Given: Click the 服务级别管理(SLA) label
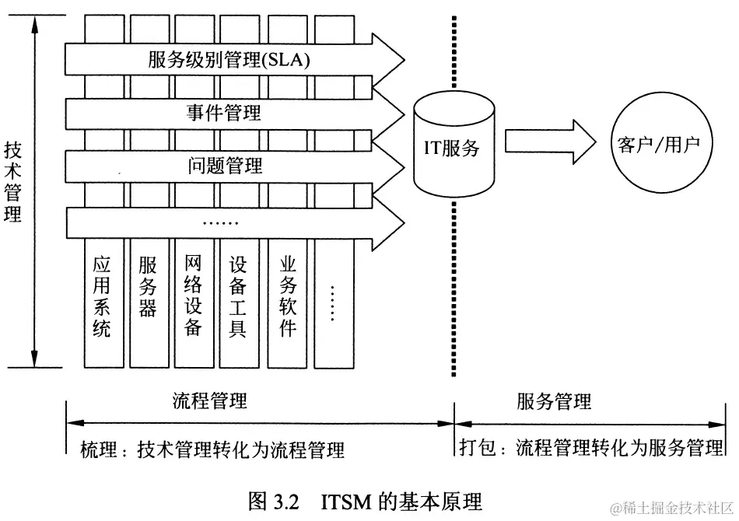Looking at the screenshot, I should pyautogui.click(x=229, y=61).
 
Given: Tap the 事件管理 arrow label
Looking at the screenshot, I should pyautogui.click(x=224, y=114).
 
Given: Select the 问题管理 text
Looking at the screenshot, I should pyautogui.click(x=225, y=165).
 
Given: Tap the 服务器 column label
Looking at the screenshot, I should pyautogui.click(x=148, y=288).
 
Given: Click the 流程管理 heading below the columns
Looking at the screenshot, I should pyautogui.click(x=210, y=401).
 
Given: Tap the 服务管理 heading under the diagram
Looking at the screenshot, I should pyautogui.click(x=554, y=401).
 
